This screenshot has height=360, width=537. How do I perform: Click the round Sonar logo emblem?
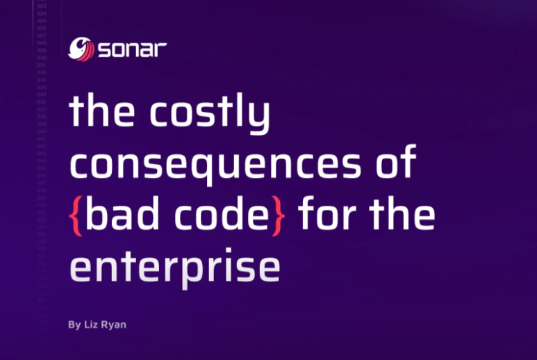[80, 48]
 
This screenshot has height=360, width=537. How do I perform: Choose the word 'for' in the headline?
[327, 215]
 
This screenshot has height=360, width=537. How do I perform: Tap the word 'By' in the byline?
[74, 325]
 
